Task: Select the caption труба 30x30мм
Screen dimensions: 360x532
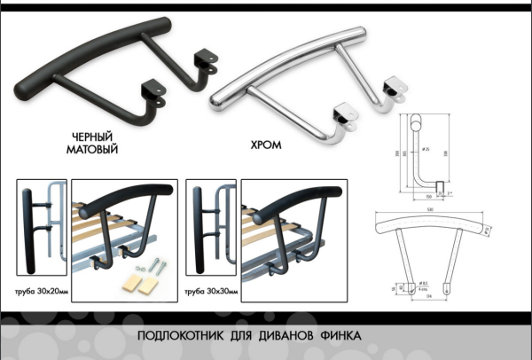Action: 211,291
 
